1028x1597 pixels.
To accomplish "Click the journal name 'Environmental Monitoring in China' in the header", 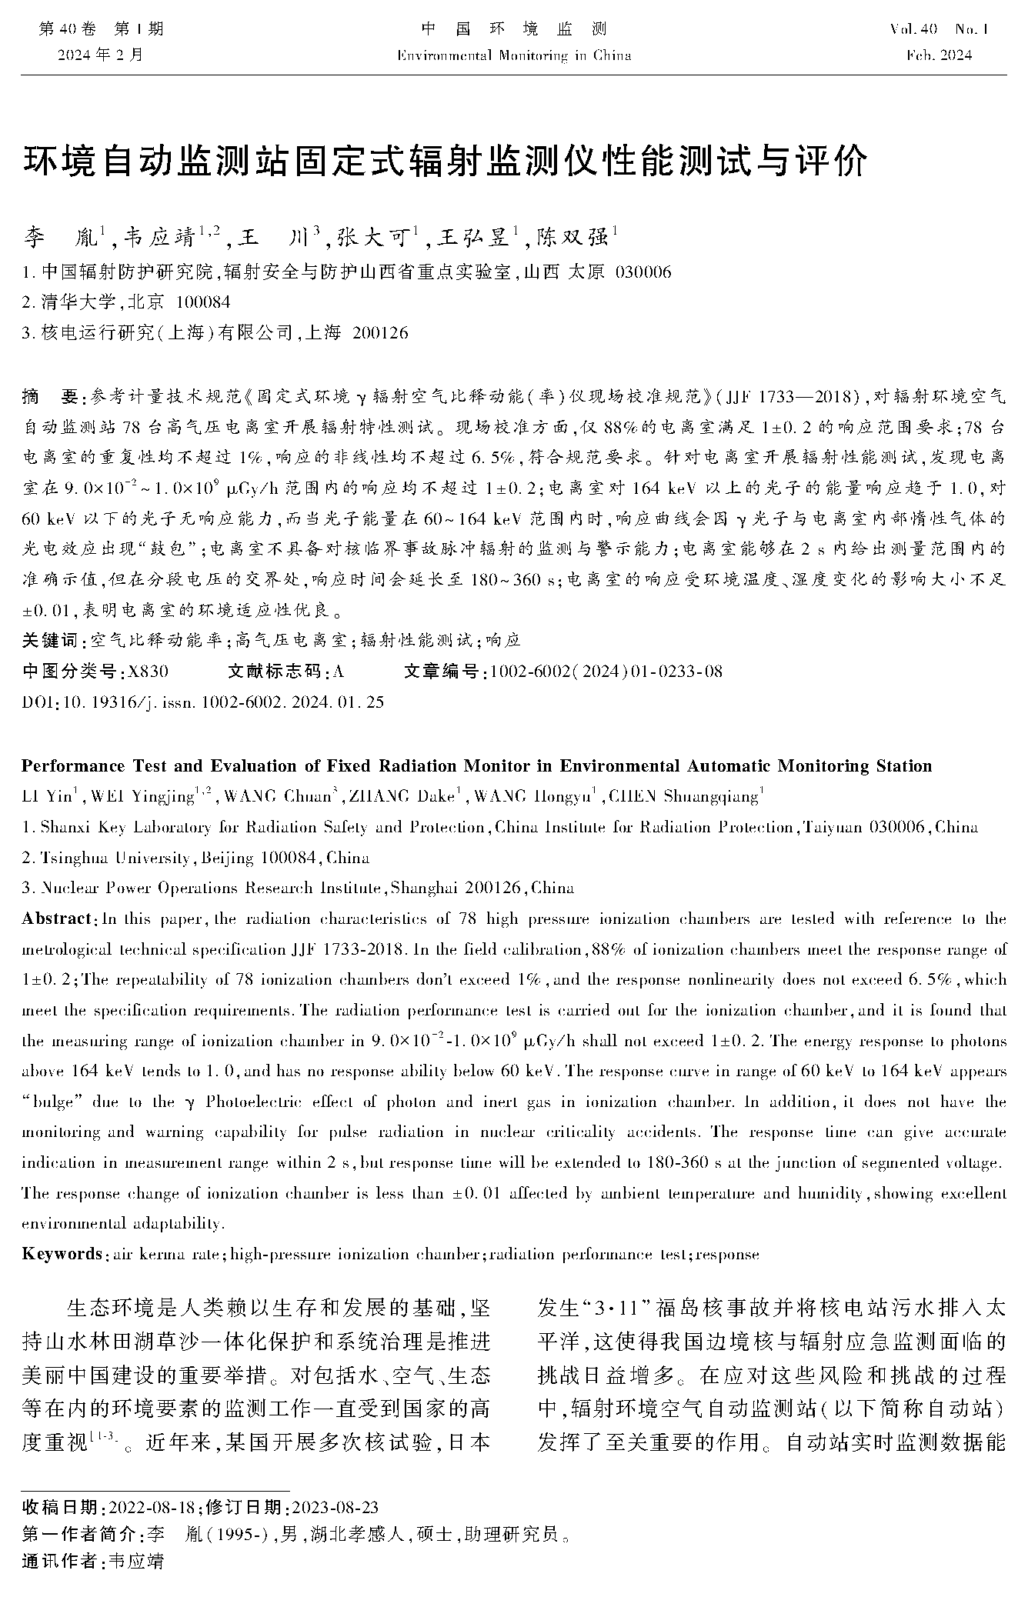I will pos(514,55).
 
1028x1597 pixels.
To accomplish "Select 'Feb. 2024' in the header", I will pos(939,55).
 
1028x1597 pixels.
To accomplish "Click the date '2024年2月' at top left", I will pos(100,55).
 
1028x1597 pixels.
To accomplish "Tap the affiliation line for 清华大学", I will pos(126,302).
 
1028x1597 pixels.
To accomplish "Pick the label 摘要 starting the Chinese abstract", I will pos(51,397).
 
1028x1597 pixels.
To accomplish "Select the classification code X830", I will pos(149,672).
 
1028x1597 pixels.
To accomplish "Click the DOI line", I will pos(203,702).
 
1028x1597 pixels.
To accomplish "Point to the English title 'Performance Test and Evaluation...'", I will pos(476,766).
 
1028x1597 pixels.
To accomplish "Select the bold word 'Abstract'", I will pos(57,919).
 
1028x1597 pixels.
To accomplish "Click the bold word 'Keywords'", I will pos(62,1255).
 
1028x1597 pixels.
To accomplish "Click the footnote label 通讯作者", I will pos(61,1561).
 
